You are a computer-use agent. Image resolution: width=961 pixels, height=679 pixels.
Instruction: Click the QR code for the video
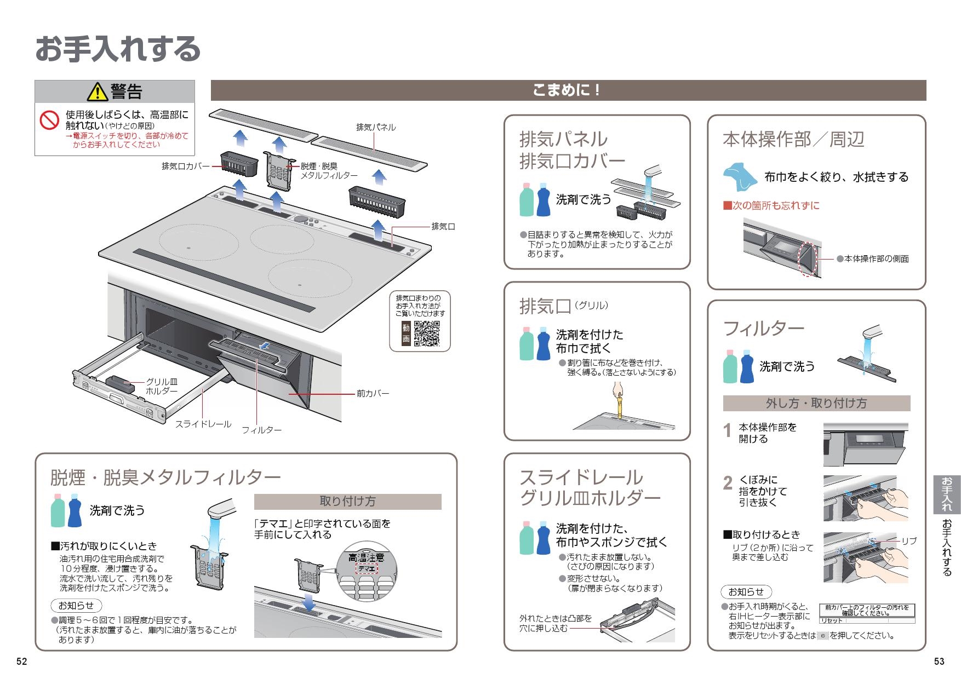(426, 333)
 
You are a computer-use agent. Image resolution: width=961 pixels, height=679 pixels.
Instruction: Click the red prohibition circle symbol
(49, 120)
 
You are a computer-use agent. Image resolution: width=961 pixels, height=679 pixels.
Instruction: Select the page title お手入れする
(118, 49)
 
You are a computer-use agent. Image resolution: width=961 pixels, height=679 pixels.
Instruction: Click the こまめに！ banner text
(568, 90)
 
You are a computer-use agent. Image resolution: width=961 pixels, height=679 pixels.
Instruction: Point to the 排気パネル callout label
(376, 127)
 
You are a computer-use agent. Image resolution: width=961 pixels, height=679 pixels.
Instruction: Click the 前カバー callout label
(373, 393)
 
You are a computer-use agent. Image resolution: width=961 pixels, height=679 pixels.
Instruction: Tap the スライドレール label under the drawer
(203, 424)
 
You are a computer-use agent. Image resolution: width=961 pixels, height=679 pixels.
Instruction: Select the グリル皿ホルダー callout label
(162, 387)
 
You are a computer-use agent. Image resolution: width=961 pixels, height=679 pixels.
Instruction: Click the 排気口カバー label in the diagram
(185, 166)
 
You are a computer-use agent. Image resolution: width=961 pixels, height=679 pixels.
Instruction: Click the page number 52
(21, 661)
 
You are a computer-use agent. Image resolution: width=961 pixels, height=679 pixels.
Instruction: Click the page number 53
(939, 661)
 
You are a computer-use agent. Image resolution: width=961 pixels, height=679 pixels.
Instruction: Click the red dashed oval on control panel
(808, 259)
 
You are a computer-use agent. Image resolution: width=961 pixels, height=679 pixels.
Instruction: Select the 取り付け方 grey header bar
(347, 502)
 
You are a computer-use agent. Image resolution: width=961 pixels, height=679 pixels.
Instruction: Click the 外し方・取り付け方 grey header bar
(816, 404)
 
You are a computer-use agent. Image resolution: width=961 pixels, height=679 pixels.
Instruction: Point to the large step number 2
(728, 483)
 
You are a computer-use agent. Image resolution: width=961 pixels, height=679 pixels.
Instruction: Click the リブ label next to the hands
(909, 541)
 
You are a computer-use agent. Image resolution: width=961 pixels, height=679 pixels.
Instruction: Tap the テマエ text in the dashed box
(367, 569)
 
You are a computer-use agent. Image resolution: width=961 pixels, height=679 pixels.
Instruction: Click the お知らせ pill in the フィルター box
(746, 592)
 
